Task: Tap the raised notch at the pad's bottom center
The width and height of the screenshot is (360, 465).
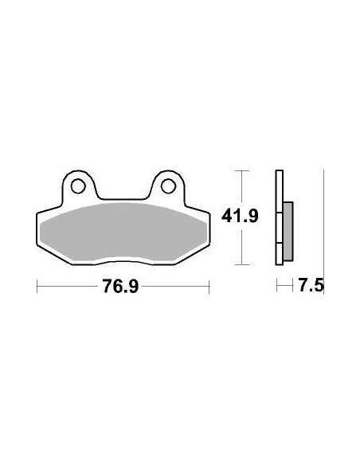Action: pos(123,262)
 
